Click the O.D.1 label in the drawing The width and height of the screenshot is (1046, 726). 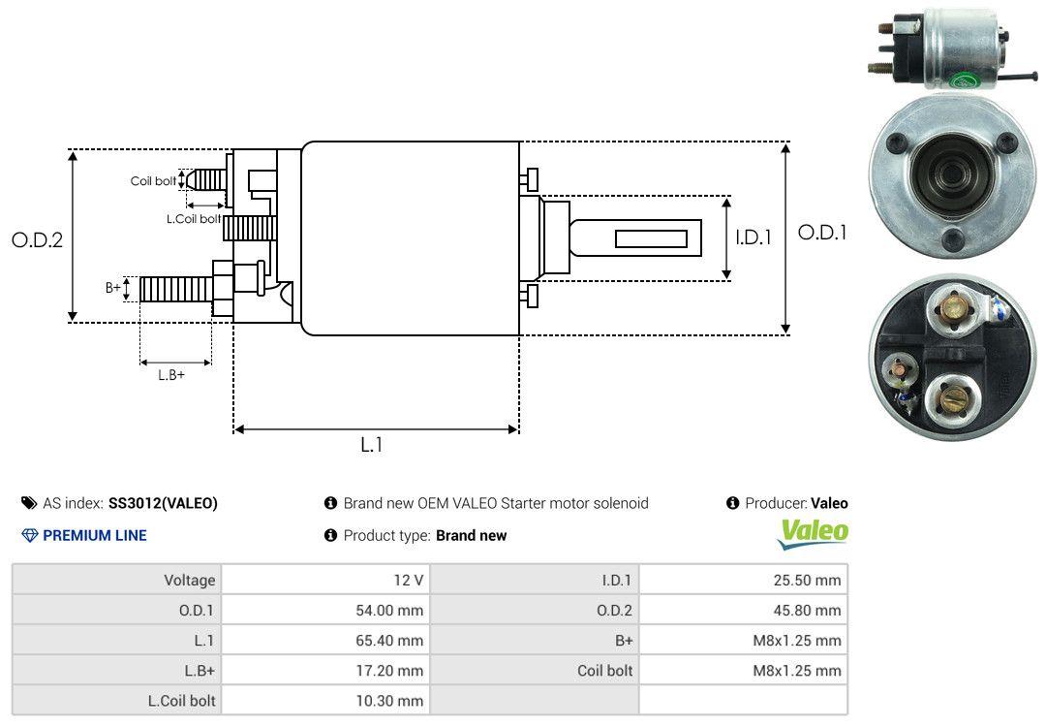[822, 233]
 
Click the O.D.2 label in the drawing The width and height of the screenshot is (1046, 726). [37, 239]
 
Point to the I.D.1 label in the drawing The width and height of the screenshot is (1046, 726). [753, 237]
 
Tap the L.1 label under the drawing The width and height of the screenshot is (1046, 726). [372, 445]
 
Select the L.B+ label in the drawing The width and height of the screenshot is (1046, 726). [171, 374]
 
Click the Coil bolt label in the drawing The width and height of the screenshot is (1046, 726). [153, 181]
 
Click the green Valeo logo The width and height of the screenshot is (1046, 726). [814, 532]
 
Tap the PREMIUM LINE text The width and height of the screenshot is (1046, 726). [94, 535]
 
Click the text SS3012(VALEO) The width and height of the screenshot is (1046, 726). [163, 503]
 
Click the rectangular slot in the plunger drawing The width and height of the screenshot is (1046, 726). [651, 238]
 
